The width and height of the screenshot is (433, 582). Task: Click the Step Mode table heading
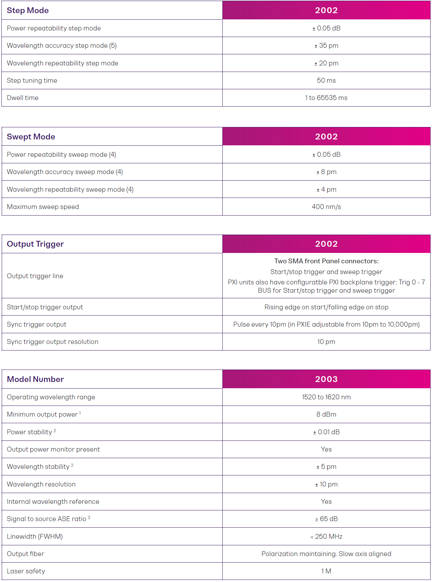pyautogui.click(x=28, y=10)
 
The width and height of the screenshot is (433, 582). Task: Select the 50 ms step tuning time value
pyautogui.click(x=326, y=81)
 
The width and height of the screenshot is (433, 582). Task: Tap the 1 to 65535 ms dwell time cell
pyautogui.click(x=326, y=98)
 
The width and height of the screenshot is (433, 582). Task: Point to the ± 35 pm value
pyautogui.click(x=326, y=46)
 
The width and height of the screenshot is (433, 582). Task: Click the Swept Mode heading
pyautogui.click(x=31, y=137)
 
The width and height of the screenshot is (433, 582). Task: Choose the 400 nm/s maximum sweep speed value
pyautogui.click(x=326, y=207)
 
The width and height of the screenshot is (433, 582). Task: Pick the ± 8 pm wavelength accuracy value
pyautogui.click(x=326, y=172)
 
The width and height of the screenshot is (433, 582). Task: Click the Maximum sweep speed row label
pyautogui.click(x=43, y=207)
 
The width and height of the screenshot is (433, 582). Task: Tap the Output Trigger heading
pyautogui.click(x=35, y=244)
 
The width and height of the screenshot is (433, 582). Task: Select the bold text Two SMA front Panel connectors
pyautogui.click(x=326, y=261)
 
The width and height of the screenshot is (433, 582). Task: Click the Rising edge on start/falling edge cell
pyautogui.click(x=326, y=307)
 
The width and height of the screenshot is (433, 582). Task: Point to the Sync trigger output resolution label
pyautogui.click(x=53, y=342)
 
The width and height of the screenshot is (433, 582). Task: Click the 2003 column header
pyautogui.click(x=326, y=379)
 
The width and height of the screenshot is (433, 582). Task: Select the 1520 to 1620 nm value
pyautogui.click(x=326, y=397)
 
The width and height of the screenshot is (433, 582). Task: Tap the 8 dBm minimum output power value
pyautogui.click(x=326, y=415)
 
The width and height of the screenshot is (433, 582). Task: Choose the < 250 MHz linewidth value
pyautogui.click(x=326, y=537)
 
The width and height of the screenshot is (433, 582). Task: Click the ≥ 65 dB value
pyautogui.click(x=326, y=519)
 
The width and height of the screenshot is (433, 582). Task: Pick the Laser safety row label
pyautogui.click(x=26, y=571)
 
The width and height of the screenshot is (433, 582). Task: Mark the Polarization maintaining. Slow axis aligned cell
pyautogui.click(x=326, y=554)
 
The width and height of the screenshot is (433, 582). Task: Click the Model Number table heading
pyautogui.click(x=35, y=379)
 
